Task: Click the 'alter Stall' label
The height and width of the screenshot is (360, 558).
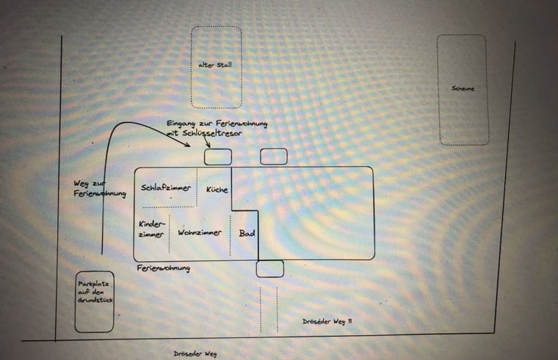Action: coord(215,65)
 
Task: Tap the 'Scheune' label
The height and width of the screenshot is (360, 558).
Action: coord(463,88)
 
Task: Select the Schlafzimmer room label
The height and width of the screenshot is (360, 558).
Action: coord(166,187)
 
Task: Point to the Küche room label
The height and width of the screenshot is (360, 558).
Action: coord(217,189)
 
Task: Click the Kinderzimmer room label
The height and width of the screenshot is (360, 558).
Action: coord(151,229)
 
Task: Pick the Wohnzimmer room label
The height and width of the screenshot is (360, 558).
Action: coord(200,232)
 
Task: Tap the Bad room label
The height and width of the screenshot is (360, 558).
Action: coord(247,233)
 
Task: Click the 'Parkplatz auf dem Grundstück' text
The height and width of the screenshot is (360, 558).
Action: coord(95,292)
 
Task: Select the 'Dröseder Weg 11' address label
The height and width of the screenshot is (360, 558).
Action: coord(327,321)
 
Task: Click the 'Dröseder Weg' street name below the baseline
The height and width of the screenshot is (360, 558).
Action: coord(195,353)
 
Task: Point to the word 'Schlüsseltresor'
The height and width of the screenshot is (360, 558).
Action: coord(212,133)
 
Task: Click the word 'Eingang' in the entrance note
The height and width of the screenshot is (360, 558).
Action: coord(181,124)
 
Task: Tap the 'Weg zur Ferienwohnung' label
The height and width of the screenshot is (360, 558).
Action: coord(100,188)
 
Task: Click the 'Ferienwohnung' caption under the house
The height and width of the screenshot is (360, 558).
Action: coord(163,267)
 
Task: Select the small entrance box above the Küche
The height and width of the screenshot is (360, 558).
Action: coord(218,157)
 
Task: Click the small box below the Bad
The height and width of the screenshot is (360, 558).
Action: coord(269,269)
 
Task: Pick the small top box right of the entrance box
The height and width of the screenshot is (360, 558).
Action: coord(274,156)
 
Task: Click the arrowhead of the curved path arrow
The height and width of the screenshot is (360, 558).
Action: coord(186,144)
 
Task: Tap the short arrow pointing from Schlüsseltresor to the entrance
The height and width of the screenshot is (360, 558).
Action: coord(207,142)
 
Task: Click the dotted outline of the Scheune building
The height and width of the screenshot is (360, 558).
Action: coord(463,90)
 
